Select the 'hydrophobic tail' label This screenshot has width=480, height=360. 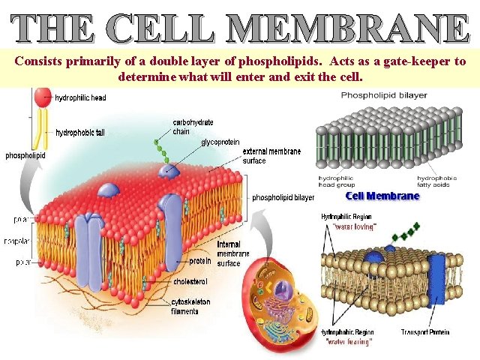coord(80,133)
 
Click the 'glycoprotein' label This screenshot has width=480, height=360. coord(220,141)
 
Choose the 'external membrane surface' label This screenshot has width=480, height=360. coord(271,155)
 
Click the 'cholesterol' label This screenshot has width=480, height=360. coord(190,282)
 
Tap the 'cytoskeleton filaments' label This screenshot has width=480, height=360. coord(190,306)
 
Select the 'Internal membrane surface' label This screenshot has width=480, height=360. coord(228,254)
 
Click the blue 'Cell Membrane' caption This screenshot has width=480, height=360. coord(382,196)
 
